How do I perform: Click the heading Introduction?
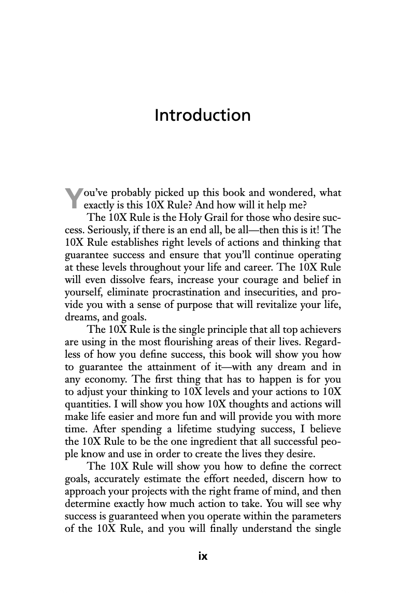pyautogui.click(x=202, y=115)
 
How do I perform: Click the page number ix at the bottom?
pyautogui.click(x=203, y=557)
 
